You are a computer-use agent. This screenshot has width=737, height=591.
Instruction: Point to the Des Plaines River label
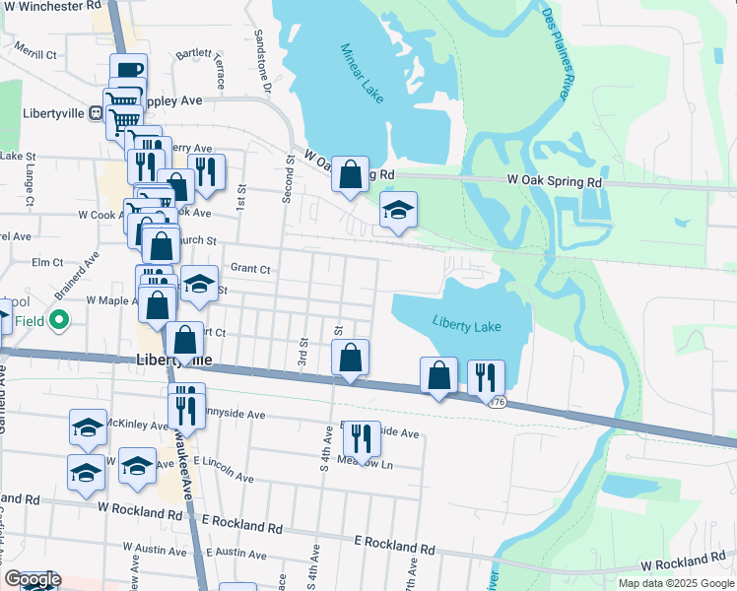[558, 53]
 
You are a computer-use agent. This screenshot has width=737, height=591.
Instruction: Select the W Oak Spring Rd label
[554, 182]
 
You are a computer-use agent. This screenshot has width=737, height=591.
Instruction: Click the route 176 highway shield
[501, 402]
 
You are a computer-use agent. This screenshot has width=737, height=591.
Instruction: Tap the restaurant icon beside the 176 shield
[486, 377]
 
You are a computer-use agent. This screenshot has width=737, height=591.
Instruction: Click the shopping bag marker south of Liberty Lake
[438, 375]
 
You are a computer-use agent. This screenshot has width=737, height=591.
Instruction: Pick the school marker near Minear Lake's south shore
[398, 210]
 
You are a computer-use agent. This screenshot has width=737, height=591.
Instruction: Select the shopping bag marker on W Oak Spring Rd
[350, 175]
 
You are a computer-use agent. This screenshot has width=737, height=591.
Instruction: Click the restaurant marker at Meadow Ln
[362, 439]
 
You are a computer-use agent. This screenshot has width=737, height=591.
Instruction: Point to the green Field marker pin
[59, 319]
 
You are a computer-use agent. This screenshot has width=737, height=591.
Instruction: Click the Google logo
[33, 580]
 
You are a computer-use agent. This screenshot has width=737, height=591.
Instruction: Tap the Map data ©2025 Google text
[675, 583]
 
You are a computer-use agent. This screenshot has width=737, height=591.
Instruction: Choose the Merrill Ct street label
[36, 53]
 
